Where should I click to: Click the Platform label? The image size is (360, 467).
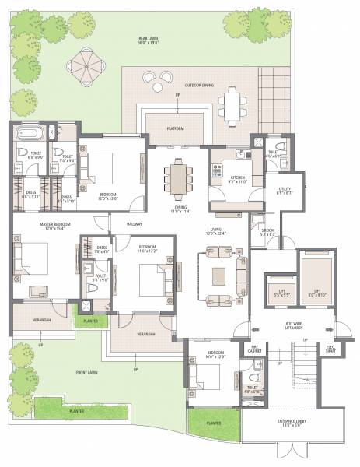(x=176, y=128)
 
